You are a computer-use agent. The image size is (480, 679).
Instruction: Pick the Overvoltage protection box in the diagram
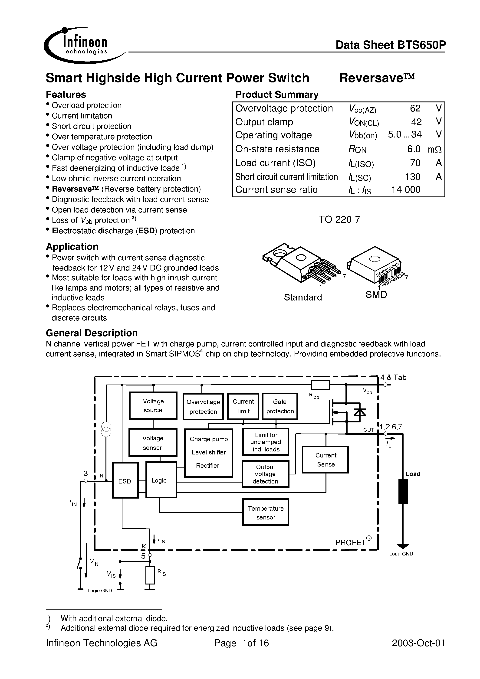tap(203, 407)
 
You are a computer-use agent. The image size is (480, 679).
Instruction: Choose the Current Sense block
tap(325, 460)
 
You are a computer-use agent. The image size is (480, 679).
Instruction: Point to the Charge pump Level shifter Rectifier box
tap(208, 452)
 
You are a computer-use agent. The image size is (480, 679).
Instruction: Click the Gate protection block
tap(280, 406)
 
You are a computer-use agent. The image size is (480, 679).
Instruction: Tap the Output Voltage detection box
tap(266, 474)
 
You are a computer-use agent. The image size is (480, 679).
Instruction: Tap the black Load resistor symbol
tap(403, 491)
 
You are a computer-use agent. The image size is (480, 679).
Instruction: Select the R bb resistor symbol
tap(320, 385)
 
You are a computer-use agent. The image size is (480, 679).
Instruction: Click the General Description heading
tap(92, 333)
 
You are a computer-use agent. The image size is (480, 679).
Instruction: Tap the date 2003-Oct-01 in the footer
tap(418, 643)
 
